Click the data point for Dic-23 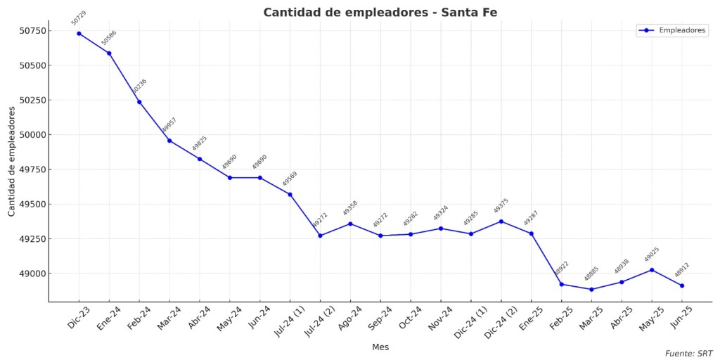[79, 34]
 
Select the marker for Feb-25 [562, 284]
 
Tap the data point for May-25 [652, 270]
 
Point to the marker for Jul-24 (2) [320, 236]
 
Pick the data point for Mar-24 [169, 141]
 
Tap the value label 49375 [501, 206]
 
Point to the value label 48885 [591, 274]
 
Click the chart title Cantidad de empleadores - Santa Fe [380, 13]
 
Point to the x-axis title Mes [380, 347]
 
